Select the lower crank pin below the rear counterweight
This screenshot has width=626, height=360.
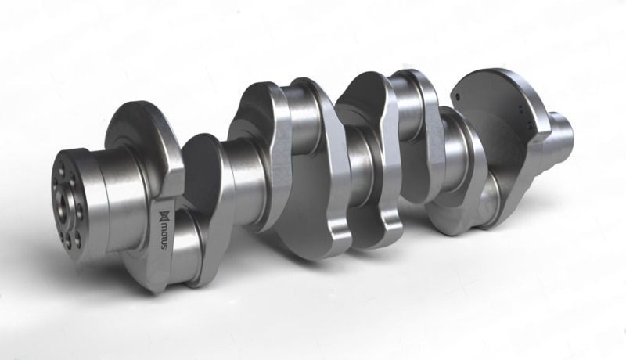coord(469,203)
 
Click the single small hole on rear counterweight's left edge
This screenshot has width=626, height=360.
coord(453,98)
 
